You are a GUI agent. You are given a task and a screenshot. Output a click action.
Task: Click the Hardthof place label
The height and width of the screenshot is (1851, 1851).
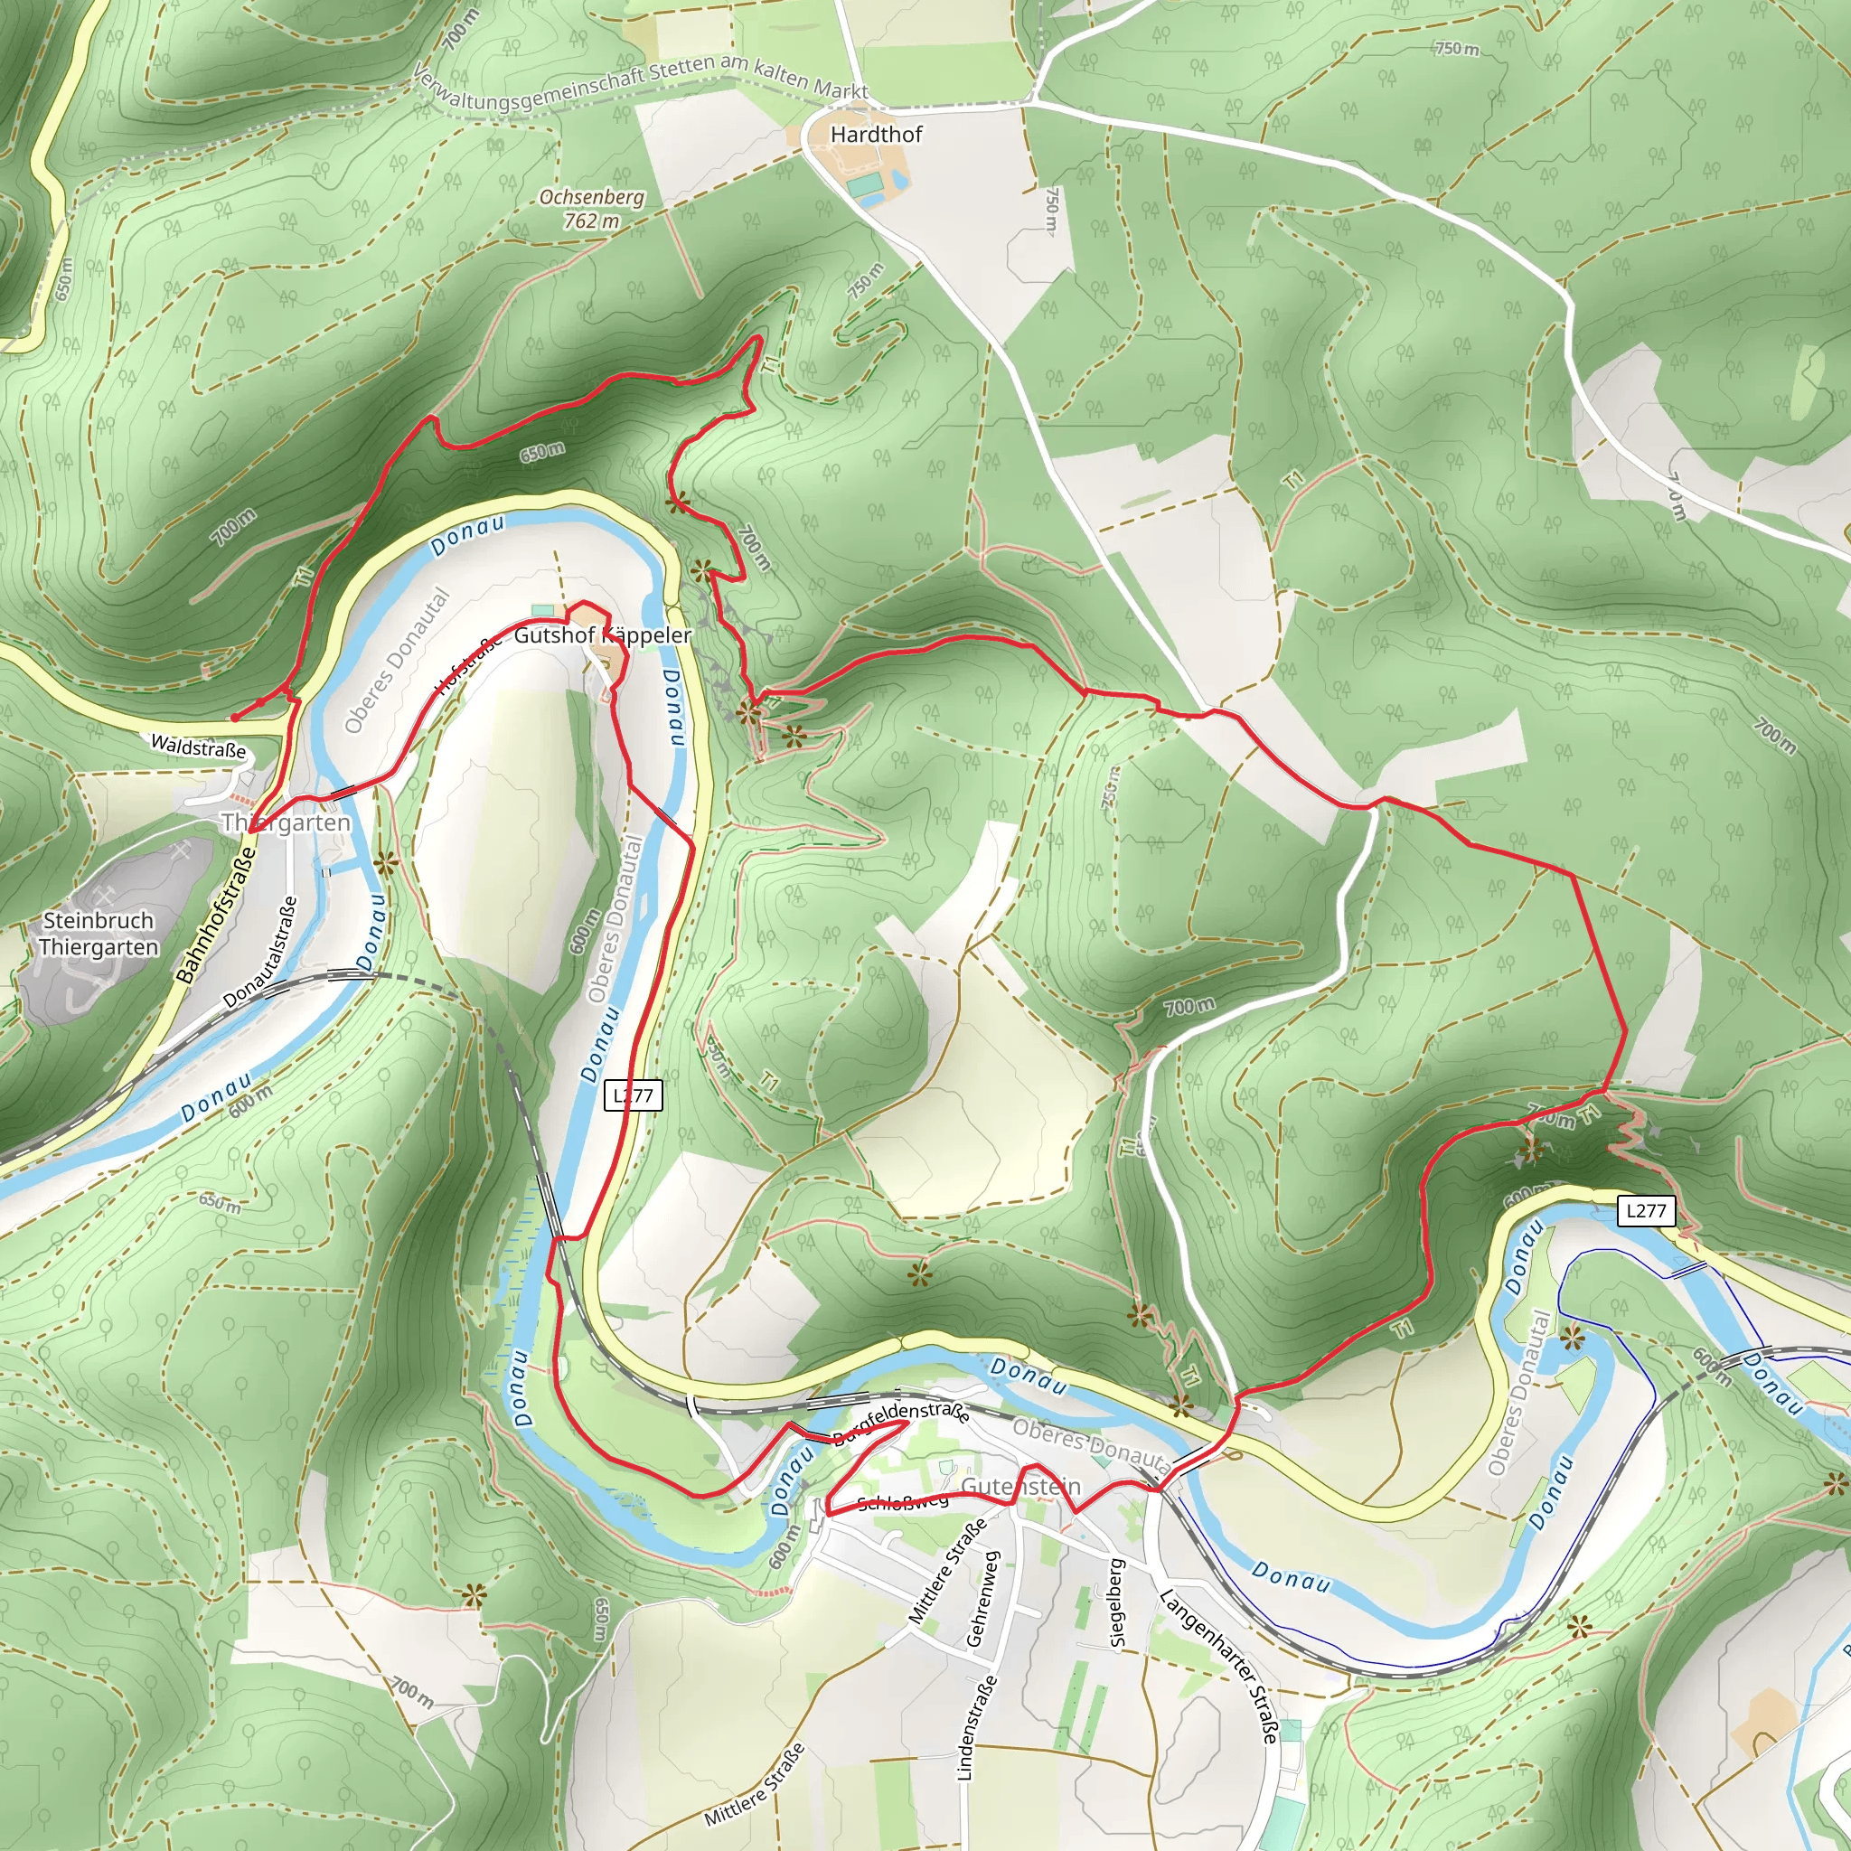[x=876, y=134]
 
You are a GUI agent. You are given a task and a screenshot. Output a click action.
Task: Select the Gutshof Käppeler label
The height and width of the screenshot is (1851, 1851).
[x=603, y=635]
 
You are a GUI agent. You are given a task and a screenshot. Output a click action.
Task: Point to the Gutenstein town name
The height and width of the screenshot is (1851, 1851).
[x=1020, y=1486]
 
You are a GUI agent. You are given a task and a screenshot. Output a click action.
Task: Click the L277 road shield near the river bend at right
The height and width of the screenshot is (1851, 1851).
[x=1646, y=1210]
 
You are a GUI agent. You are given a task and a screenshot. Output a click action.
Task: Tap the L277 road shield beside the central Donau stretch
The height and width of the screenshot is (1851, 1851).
[x=634, y=1095]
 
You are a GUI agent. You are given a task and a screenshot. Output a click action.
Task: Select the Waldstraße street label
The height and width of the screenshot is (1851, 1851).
[x=198, y=747]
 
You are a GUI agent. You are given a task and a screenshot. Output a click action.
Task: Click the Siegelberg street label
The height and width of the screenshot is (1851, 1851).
[x=1115, y=1602]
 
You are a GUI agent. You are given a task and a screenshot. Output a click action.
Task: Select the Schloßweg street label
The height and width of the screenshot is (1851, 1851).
[x=903, y=1502]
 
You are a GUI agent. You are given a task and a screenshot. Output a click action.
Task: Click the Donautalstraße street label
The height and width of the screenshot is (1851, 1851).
[x=260, y=952]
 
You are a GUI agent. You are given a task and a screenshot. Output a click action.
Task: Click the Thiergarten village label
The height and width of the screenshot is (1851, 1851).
[x=287, y=823]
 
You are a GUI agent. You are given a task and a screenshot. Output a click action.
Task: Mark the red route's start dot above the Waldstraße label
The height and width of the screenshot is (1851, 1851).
[x=235, y=717]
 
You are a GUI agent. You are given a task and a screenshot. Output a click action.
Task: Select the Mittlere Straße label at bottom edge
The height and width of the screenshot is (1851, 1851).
[x=754, y=1785]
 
